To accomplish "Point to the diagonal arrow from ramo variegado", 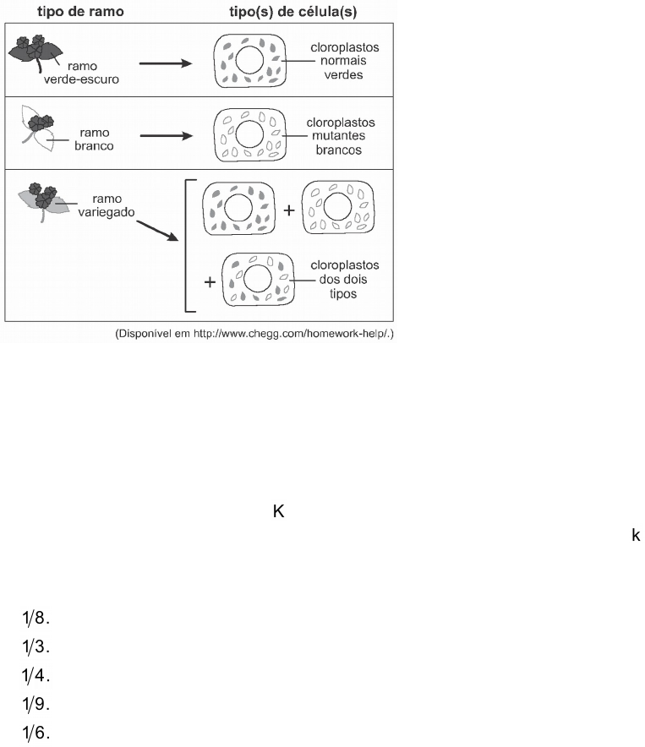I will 159,227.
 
